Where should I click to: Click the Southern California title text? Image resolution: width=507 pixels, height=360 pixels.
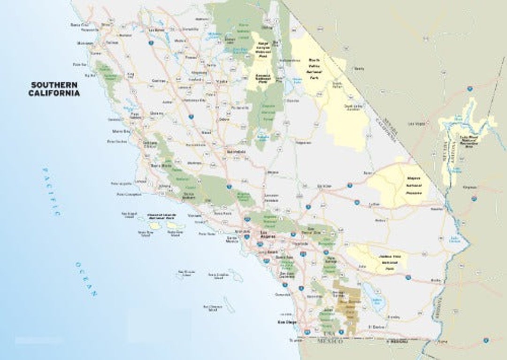point(55,89)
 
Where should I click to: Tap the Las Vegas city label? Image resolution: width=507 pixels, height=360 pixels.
point(415,124)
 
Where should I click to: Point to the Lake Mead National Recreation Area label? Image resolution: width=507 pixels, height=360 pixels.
point(469,141)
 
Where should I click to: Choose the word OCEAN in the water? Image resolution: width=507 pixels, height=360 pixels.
point(85,279)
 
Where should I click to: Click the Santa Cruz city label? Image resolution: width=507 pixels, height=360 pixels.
point(79,24)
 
